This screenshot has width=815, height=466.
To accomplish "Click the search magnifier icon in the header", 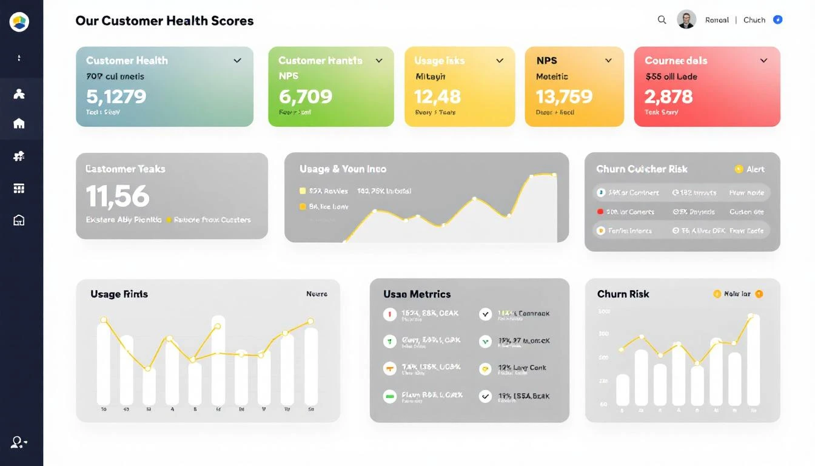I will [662, 20].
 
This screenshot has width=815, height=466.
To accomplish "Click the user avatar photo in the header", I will [686, 19].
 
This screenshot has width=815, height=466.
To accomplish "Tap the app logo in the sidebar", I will [19, 22].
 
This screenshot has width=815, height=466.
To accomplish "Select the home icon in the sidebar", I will [19, 124].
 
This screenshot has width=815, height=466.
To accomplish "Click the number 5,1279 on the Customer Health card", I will [116, 96].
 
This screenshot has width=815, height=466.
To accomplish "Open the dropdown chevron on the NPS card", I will [608, 61].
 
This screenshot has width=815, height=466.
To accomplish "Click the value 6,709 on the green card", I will [306, 96].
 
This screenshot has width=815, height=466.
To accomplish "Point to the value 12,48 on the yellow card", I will [437, 96].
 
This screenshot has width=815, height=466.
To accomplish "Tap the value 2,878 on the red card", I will [668, 96].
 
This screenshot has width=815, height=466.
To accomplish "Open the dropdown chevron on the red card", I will [763, 61].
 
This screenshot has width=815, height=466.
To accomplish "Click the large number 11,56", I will [118, 196].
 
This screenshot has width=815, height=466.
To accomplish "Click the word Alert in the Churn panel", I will [755, 169].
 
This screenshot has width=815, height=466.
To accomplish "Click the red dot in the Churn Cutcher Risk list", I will [600, 212].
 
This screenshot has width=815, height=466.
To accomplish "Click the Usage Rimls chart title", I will [119, 294].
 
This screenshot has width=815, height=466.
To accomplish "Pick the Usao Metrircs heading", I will [417, 294].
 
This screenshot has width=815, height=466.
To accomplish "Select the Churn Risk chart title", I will [623, 294].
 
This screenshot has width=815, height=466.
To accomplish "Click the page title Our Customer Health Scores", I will [164, 21].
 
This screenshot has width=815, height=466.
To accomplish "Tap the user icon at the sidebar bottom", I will [19, 442].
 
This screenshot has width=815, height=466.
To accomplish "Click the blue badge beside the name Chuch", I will [777, 20].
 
